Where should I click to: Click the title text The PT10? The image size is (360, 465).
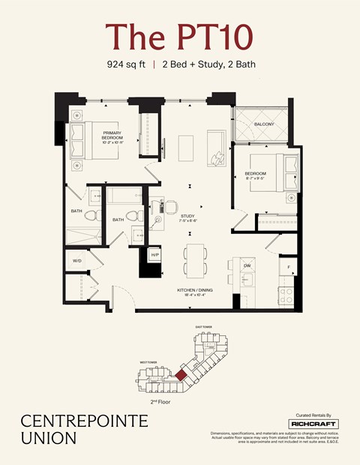[x=179, y=37]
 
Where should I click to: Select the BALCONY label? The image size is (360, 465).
[x=263, y=124]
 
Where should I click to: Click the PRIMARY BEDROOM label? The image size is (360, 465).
[x=112, y=136]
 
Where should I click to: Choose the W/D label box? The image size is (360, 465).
[x=77, y=260]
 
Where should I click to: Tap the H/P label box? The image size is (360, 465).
[x=155, y=255]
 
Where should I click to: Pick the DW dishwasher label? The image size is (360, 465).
[x=247, y=265]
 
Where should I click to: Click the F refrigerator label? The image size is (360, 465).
[x=287, y=266]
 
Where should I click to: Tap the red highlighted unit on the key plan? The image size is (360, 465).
[x=181, y=372]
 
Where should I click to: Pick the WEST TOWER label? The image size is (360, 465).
[x=148, y=362]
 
